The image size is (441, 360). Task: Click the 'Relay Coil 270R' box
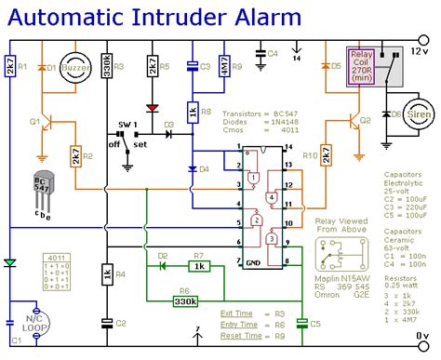(x=363, y=68)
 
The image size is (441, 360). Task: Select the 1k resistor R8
(x=193, y=113)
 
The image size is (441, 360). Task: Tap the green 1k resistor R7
(x=196, y=267)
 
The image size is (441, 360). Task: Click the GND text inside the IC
(x=252, y=262)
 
